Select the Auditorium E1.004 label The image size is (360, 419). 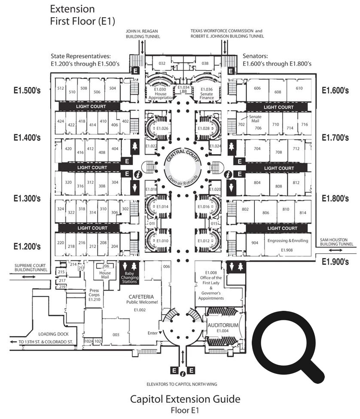[223, 328]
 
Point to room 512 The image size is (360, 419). [61, 88]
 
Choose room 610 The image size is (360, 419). [299, 88]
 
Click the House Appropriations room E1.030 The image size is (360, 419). [160, 92]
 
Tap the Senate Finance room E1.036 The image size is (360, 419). [206, 92]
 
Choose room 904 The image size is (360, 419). [255, 243]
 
